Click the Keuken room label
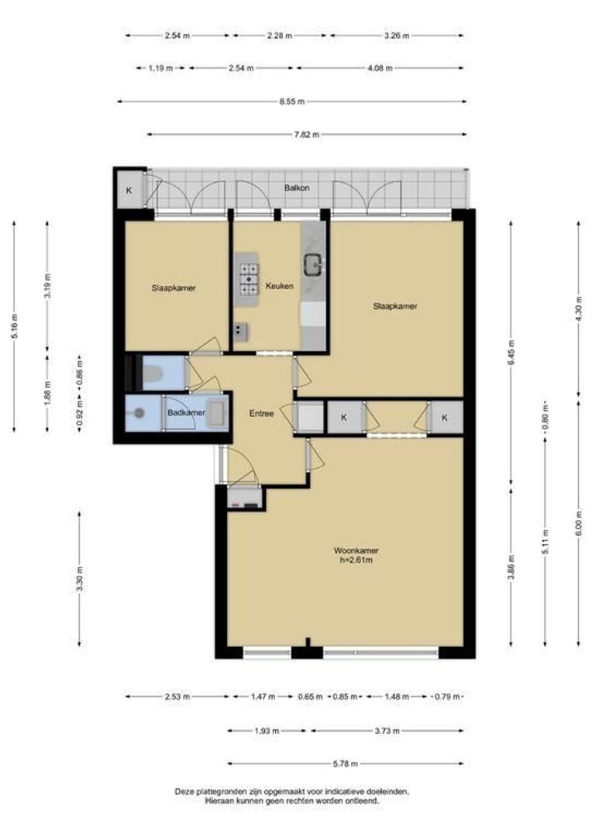click(279, 285)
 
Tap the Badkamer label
click(186, 412)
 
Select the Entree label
click(262, 413)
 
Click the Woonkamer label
click(356, 550)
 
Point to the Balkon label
click(297, 188)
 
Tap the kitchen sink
click(315, 265)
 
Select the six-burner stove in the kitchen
click(249, 279)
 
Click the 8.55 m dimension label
click(291, 102)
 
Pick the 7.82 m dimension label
click(306, 135)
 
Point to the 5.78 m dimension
click(345, 764)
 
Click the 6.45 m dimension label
click(511, 353)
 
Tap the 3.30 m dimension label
click(80, 579)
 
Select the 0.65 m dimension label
click(310, 697)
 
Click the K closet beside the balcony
click(129, 190)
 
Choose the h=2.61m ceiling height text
click(356, 560)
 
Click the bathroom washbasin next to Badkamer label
click(215, 413)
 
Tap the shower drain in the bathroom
click(139, 412)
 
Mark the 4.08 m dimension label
click(380, 68)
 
